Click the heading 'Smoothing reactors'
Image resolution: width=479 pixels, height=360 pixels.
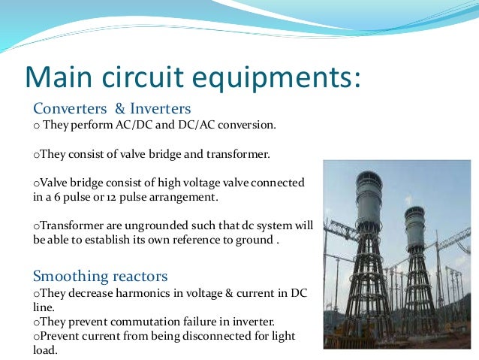click(101, 275)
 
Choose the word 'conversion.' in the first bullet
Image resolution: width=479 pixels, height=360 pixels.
click(249, 125)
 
